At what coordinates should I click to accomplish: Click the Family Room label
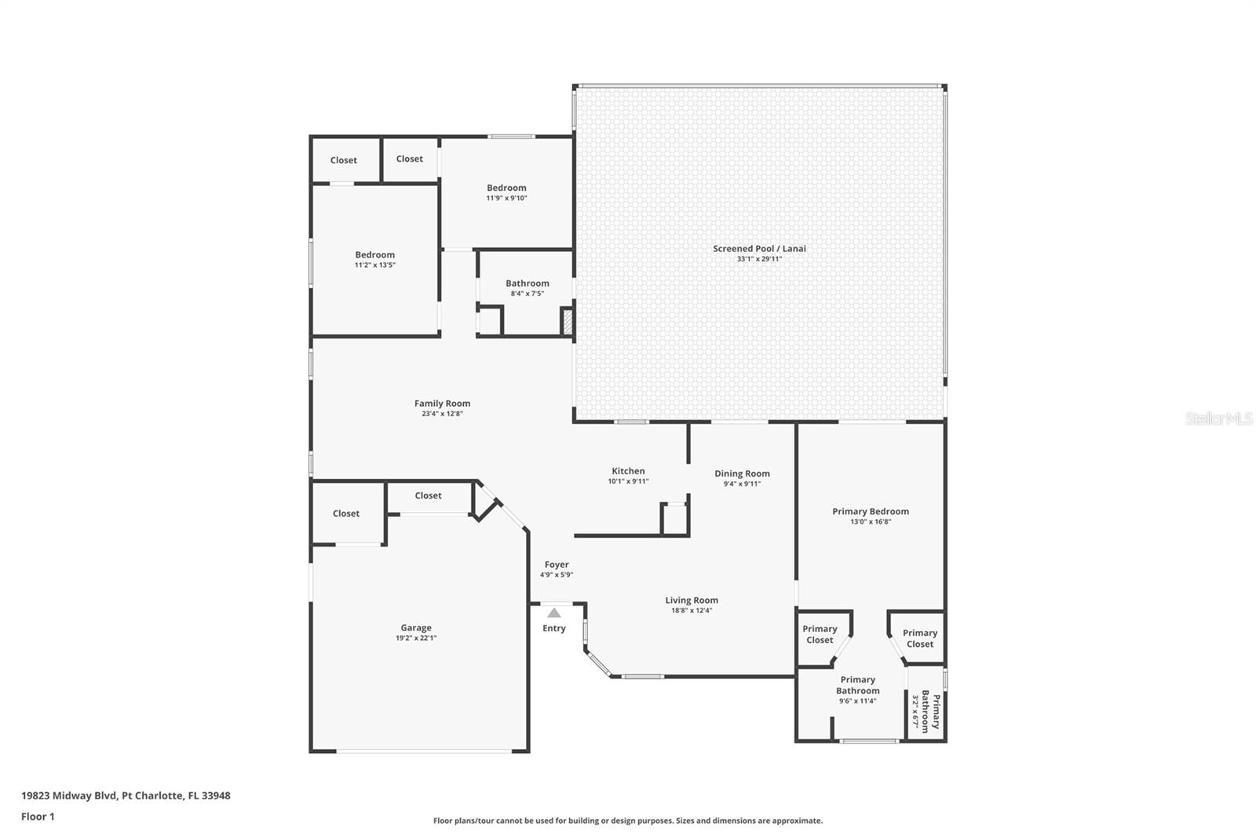click(442, 404)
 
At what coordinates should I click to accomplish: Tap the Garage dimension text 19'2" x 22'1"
click(416, 638)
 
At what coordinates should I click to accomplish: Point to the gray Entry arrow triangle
click(554, 612)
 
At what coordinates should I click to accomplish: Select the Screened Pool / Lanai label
click(759, 249)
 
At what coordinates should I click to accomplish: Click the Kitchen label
click(628, 471)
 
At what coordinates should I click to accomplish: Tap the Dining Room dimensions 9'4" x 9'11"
click(742, 484)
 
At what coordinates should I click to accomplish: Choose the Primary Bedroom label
click(871, 512)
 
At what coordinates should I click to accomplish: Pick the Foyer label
click(557, 565)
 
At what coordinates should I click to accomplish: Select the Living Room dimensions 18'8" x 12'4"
click(692, 610)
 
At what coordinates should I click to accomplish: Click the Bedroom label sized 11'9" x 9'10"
click(506, 188)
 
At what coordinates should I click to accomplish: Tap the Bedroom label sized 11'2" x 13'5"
click(374, 254)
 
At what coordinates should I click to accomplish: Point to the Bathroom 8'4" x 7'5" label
click(527, 283)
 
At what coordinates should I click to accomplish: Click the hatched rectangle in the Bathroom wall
click(568, 323)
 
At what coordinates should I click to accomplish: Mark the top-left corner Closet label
click(343, 160)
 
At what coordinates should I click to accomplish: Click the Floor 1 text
click(38, 817)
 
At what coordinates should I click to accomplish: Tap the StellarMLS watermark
click(1219, 418)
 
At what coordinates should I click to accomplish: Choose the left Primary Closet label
click(820, 634)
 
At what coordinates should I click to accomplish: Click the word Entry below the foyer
click(554, 628)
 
